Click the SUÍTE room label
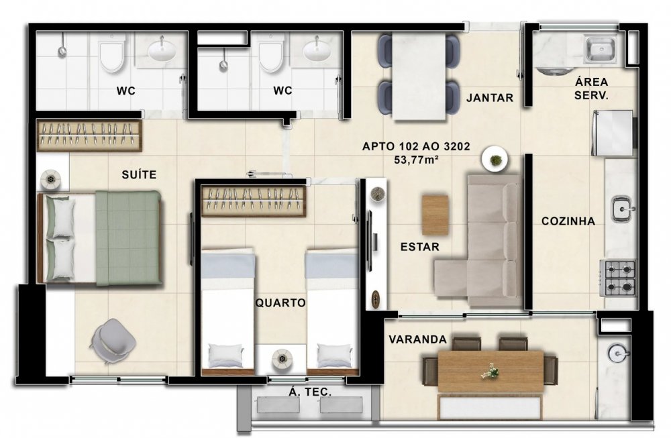[x=139, y=174]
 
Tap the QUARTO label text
[x=280, y=303]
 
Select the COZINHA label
[x=568, y=221]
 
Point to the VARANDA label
[x=417, y=339]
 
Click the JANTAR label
[x=490, y=98]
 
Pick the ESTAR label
[x=420, y=247]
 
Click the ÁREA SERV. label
[x=591, y=89]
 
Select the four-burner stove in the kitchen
[x=619, y=278]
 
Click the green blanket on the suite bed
[x=128, y=238]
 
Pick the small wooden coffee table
[x=435, y=215]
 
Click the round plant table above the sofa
[x=495, y=160]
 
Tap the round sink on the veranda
[x=617, y=353]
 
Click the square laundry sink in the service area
[x=601, y=49]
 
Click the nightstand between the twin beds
[x=281, y=358]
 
